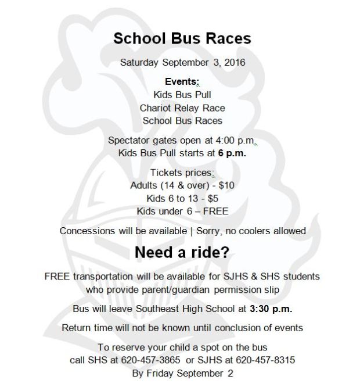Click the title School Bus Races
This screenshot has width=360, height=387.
coord(182,38)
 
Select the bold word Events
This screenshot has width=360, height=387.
coord(181,82)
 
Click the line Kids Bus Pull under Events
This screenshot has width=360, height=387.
coord(182,95)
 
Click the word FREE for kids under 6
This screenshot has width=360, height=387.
coord(214,211)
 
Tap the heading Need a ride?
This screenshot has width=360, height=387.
coord(182,253)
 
